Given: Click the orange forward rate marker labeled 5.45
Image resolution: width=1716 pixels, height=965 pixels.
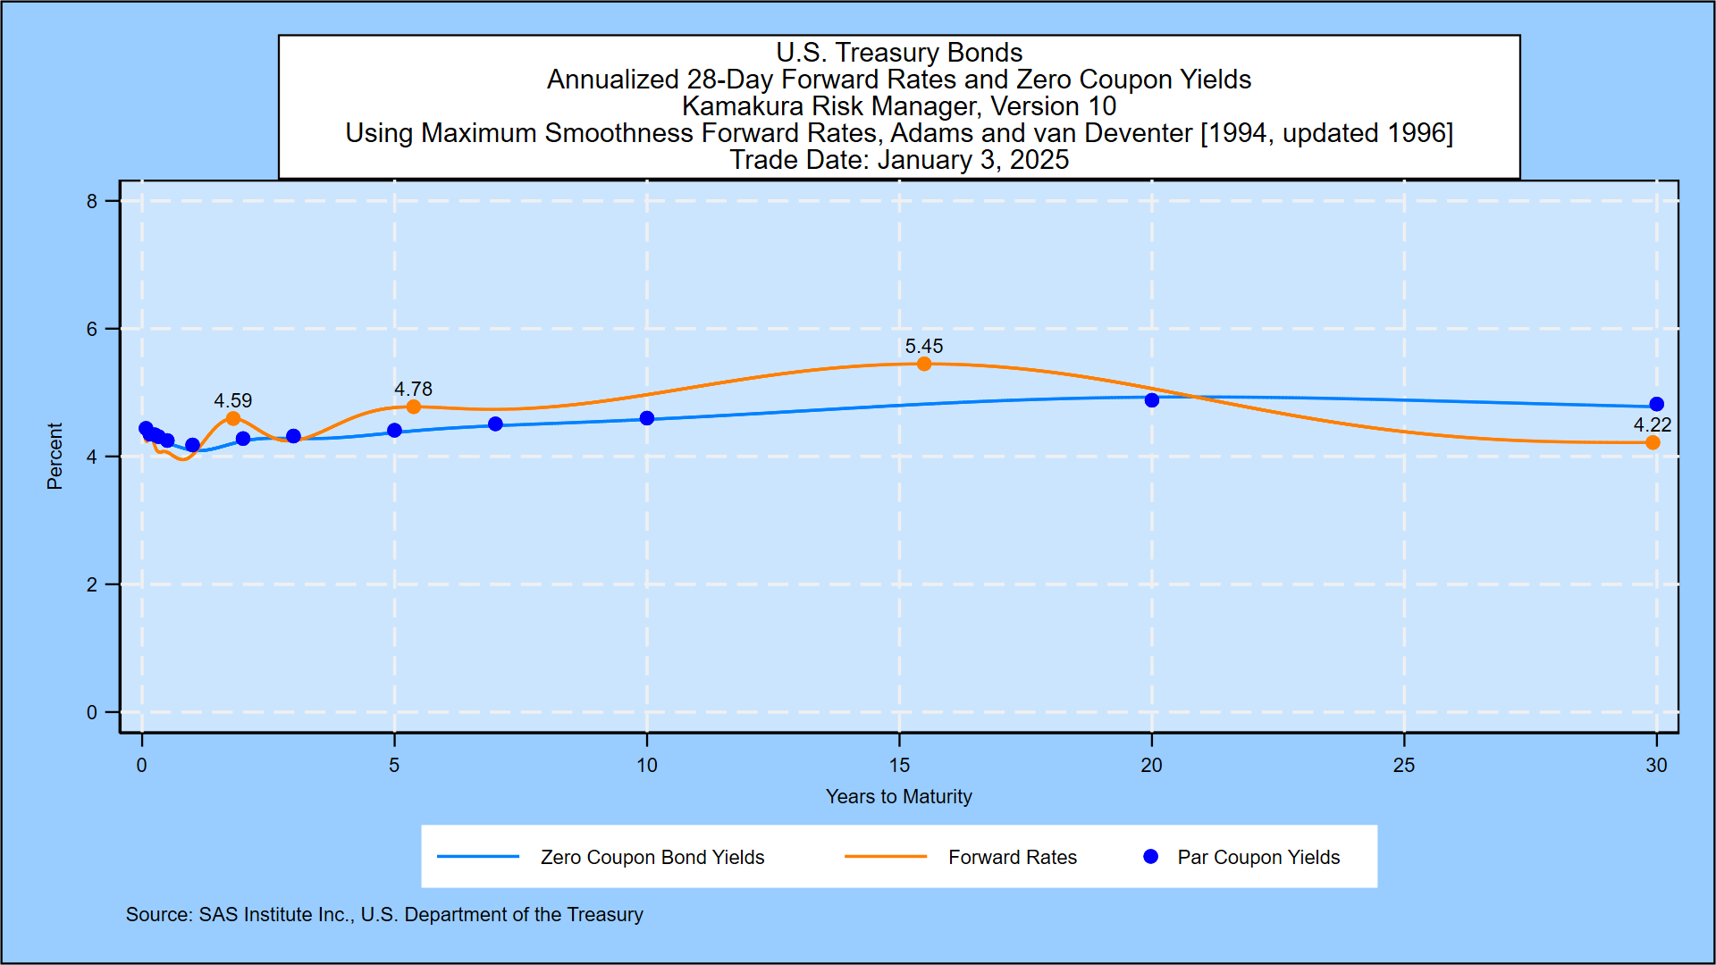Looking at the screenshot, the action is [x=924, y=364].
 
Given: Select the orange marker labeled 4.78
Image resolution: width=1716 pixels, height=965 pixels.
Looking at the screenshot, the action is [x=413, y=407].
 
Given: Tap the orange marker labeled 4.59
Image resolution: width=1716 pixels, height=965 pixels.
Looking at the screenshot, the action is [x=233, y=418].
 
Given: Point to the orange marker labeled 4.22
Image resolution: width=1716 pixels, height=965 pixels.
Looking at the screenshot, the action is [x=1653, y=442].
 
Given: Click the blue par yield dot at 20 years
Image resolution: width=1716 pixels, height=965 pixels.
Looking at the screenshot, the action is [x=1152, y=400].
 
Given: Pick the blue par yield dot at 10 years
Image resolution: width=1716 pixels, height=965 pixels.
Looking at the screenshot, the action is [x=647, y=418].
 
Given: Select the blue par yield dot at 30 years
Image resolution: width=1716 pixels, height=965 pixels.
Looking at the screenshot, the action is [x=1656, y=404].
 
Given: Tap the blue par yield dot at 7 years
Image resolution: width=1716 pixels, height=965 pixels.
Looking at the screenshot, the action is [x=495, y=424].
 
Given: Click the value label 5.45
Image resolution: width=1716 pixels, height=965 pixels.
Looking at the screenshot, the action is [x=924, y=346].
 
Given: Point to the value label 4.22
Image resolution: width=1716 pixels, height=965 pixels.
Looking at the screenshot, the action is [x=1653, y=424].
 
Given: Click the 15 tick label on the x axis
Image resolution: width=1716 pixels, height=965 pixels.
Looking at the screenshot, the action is [x=899, y=765].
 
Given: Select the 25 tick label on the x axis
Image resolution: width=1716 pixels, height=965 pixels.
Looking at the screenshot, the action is [x=1404, y=765].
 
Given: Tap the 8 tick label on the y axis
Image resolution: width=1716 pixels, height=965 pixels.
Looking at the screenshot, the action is [x=92, y=201].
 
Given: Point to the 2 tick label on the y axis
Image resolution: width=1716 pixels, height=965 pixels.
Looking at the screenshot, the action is [x=92, y=584].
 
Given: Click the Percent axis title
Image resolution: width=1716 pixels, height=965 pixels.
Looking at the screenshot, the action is [x=55, y=456].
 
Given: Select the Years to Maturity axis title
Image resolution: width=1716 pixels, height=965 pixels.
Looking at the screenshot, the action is [x=899, y=796].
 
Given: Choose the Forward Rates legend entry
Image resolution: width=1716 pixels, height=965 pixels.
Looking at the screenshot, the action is [x=1013, y=857].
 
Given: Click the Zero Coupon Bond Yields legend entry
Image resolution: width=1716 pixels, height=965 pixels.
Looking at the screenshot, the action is [x=652, y=857].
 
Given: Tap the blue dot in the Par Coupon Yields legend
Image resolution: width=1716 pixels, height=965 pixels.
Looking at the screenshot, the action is [x=1151, y=856].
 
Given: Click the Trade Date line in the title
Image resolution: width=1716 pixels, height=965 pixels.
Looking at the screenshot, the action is [x=899, y=160].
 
